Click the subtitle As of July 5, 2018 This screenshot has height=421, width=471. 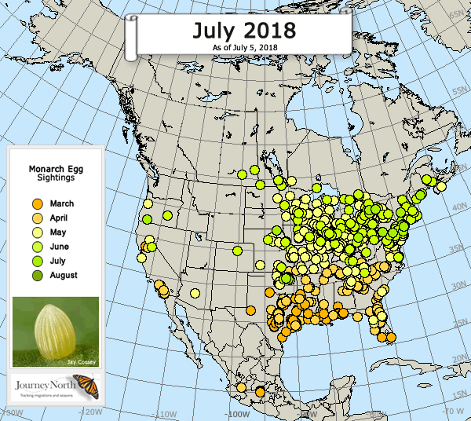244,48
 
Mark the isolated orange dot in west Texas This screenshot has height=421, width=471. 250,309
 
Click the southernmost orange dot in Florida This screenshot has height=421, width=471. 391,338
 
